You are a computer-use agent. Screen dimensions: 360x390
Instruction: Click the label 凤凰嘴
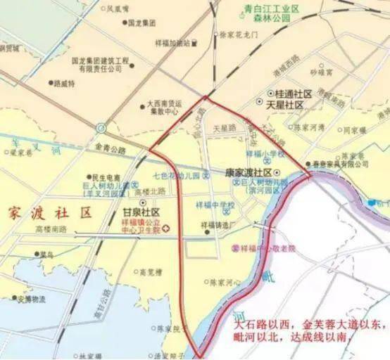118,9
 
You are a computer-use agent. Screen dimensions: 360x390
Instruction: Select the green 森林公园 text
272,20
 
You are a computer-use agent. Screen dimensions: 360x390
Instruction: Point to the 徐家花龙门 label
239,34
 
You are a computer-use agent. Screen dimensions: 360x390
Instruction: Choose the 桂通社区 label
289,93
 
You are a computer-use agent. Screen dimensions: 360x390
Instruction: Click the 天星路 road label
224,129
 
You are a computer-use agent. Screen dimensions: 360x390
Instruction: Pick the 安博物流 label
31,299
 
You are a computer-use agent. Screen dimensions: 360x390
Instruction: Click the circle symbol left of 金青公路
102,129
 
